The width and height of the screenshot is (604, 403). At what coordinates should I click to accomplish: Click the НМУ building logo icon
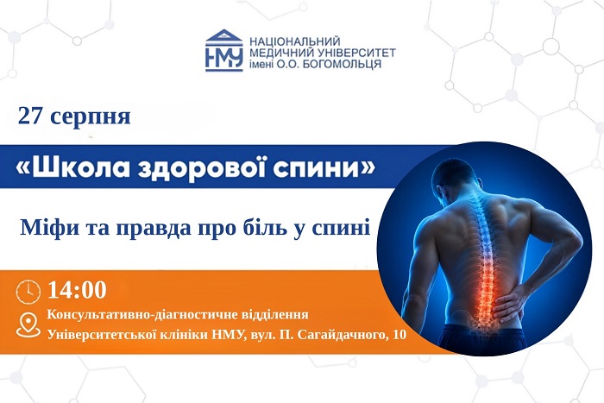[223, 50]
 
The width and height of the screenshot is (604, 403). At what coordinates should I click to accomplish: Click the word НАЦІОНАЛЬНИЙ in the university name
[295, 41]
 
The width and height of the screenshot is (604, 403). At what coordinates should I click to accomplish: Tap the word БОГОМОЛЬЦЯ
[342, 64]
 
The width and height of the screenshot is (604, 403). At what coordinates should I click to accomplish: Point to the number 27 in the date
[29, 116]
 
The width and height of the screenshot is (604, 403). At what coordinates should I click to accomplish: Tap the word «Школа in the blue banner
[72, 167]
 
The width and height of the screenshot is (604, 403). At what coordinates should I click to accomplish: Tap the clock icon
[28, 292]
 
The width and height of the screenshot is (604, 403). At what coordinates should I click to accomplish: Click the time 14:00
[77, 290]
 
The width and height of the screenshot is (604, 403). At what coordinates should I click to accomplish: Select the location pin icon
[28, 324]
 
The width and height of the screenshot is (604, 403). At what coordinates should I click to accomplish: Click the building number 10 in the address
[399, 335]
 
